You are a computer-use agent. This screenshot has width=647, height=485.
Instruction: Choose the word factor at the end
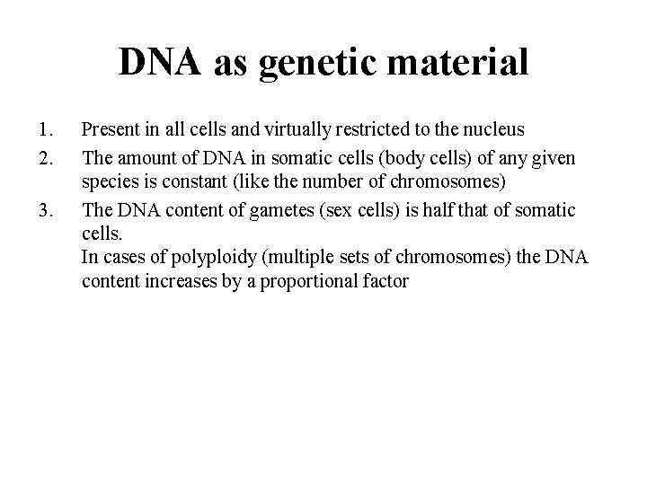(387, 282)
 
